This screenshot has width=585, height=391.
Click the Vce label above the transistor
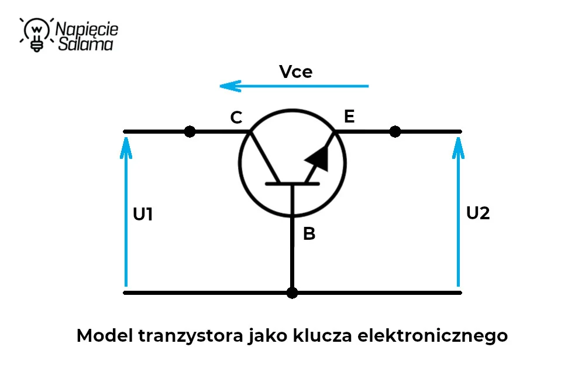(295, 72)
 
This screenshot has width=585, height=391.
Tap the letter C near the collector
(236, 117)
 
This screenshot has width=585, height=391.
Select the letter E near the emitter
(349, 116)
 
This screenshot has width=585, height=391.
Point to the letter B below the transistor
(309, 234)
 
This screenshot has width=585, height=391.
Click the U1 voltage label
(143, 214)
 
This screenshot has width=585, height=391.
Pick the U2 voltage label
(478, 213)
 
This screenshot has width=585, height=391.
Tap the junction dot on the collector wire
(190, 131)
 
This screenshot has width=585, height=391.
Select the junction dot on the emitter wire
(395, 131)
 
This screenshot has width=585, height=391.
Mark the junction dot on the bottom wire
(292, 293)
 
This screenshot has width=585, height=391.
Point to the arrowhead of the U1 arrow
(126, 148)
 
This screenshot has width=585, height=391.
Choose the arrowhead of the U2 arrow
(458, 148)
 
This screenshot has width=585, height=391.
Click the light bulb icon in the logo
(36, 35)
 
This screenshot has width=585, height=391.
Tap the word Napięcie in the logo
(87, 29)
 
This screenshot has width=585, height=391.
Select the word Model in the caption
(105, 335)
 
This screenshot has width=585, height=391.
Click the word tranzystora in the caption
(191, 336)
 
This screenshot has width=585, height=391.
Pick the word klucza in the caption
(322, 335)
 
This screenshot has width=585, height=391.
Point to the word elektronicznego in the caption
(432, 336)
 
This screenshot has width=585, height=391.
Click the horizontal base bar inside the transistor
(292, 184)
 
